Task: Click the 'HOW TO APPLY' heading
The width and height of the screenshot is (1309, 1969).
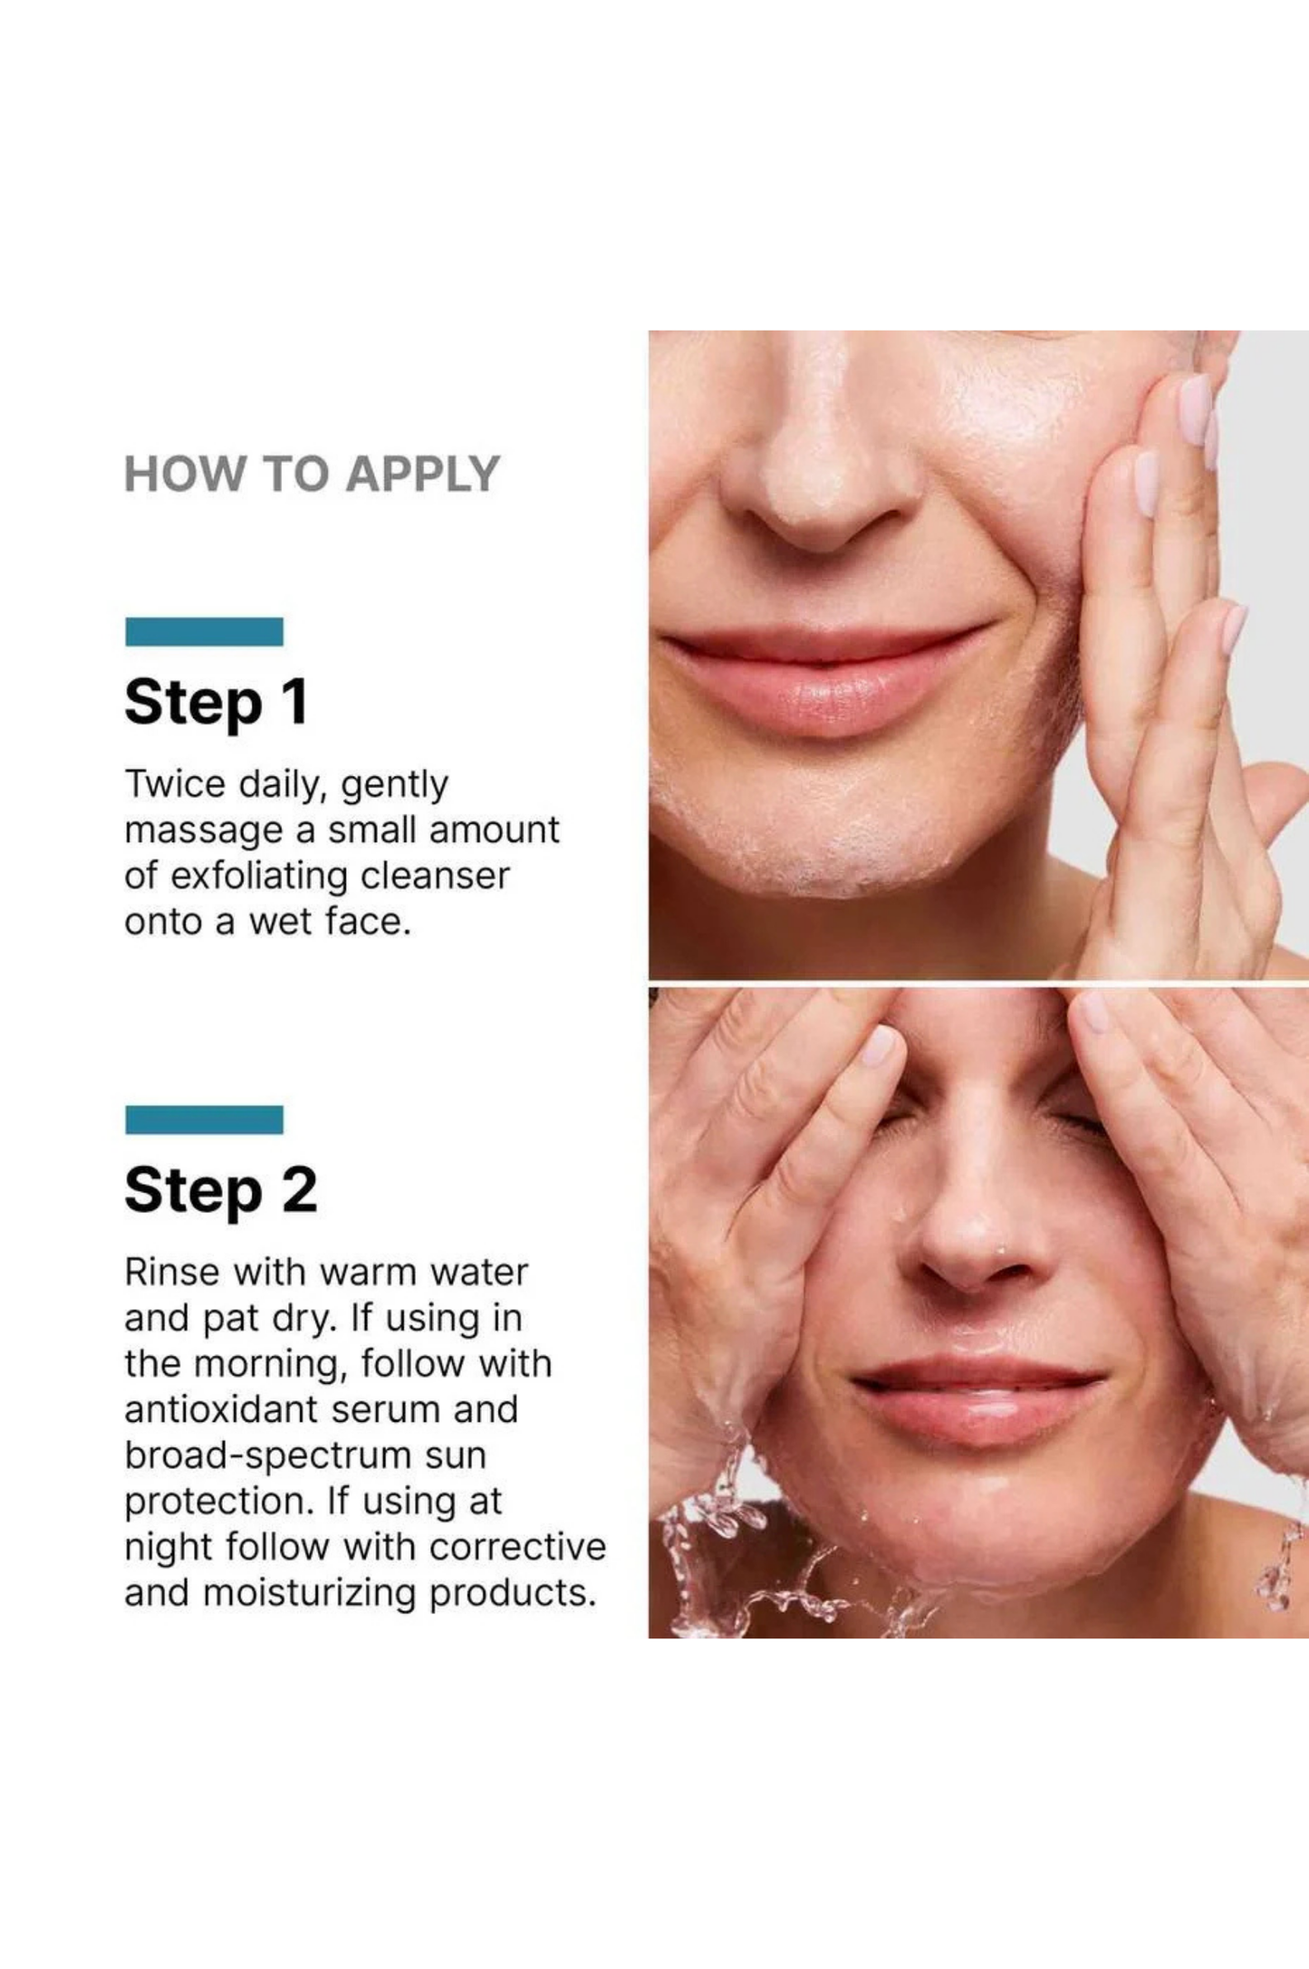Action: click(x=312, y=474)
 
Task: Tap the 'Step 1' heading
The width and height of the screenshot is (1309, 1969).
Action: click(x=216, y=702)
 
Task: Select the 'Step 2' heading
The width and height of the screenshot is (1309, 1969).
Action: click(x=221, y=1190)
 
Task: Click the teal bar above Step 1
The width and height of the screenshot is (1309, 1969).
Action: click(x=204, y=631)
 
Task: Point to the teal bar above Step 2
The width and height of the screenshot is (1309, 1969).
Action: click(x=204, y=1119)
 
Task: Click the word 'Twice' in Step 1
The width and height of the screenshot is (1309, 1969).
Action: click(x=175, y=783)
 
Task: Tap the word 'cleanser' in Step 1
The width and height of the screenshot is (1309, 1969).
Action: click(x=435, y=876)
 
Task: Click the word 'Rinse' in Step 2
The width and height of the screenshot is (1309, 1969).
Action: click(x=171, y=1272)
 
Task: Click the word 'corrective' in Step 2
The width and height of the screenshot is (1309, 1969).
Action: click(x=517, y=1547)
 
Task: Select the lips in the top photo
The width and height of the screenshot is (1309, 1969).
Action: click(x=824, y=675)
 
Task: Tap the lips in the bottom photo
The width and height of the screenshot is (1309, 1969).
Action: click(x=978, y=1401)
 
